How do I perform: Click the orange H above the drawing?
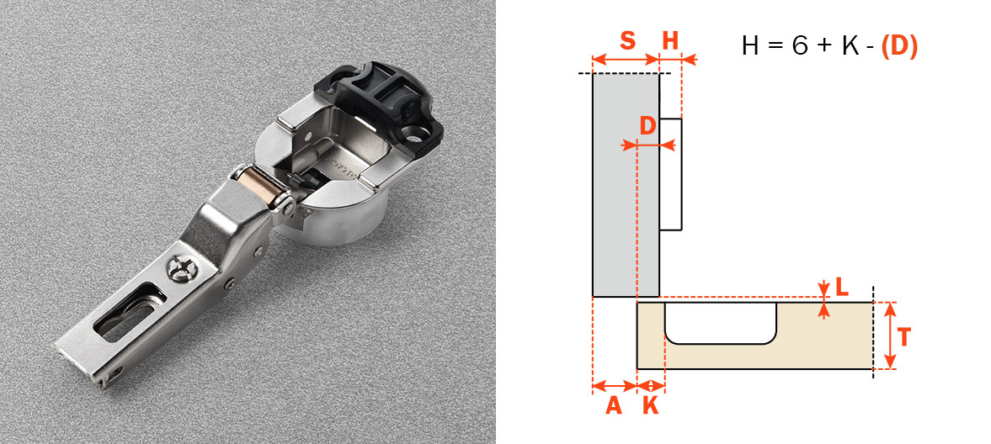[x=670, y=40]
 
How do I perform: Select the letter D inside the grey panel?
[x=647, y=126]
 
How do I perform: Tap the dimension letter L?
[x=842, y=288]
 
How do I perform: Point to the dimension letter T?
[x=903, y=337]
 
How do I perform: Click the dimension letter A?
[x=614, y=405]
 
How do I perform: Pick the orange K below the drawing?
[x=650, y=405]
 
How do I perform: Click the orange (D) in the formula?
[x=898, y=46]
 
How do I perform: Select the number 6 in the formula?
[x=800, y=46]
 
